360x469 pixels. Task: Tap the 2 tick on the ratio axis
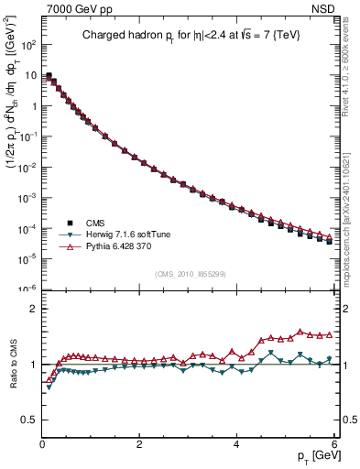coord(32,309)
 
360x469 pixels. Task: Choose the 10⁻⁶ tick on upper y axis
coord(27,289)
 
